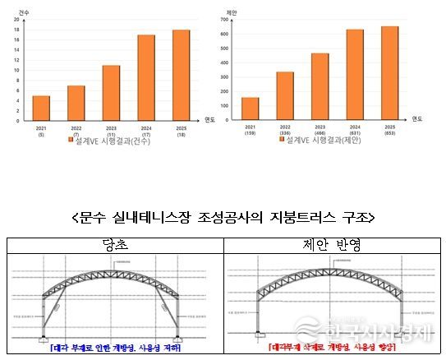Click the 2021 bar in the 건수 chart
pyautogui.click(x=41, y=108)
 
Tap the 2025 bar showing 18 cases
pyautogui.click(x=181, y=76)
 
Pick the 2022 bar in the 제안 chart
pyautogui.click(x=285, y=96)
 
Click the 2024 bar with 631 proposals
pyautogui.click(x=354, y=75)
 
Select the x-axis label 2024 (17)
pyautogui.click(x=146, y=132)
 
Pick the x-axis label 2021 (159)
pyautogui.click(x=250, y=132)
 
